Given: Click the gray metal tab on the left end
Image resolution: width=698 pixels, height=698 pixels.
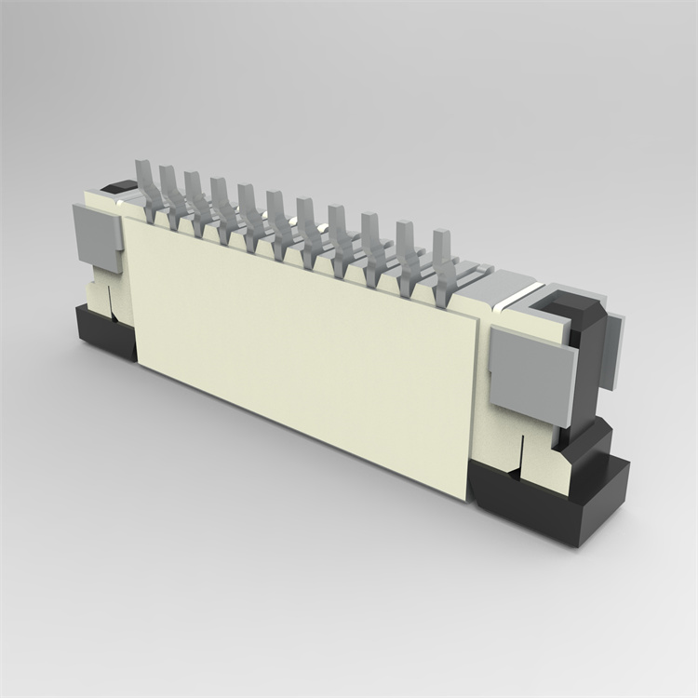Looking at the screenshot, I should tap(98, 237).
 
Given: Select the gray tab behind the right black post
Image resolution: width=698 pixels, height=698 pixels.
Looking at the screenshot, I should tap(614, 350).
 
